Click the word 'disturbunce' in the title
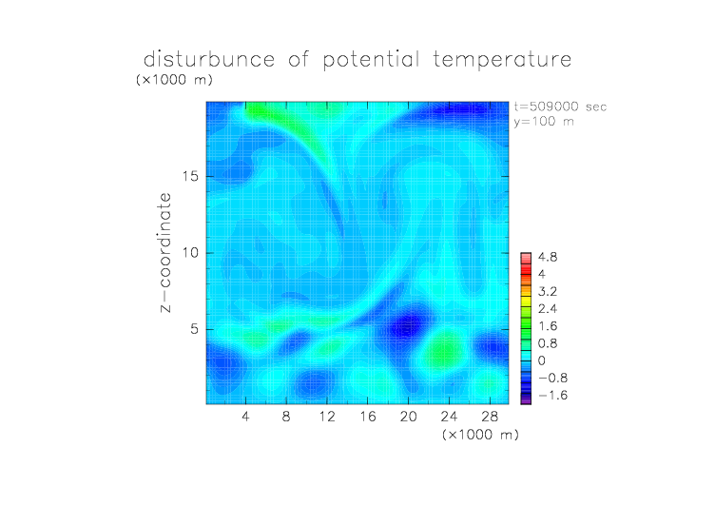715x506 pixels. click(209, 59)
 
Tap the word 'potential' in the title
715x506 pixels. click(371, 60)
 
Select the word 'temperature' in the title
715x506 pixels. click(502, 60)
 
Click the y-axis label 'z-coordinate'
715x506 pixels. click(165, 252)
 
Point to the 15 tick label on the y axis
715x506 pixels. click(190, 176)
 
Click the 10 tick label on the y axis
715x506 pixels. click(190, 253)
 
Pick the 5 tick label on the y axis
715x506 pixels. click(195, 329)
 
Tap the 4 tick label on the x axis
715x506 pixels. click(245, 416)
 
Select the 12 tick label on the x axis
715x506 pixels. click(327, 416)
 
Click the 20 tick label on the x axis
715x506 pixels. click(408, 416)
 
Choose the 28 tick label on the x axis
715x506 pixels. click(490, 416)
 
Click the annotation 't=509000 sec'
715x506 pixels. click(560, 107)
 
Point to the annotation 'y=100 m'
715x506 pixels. click(544, 122)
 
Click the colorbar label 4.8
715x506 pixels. click(548, 257)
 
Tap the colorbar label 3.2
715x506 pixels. click(548, 292)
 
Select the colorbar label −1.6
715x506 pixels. click(552, 395)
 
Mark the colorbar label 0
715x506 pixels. click(542, 360)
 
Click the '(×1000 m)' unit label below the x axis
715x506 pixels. click(480, 435)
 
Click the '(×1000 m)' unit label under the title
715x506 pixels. click(174, 79)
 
